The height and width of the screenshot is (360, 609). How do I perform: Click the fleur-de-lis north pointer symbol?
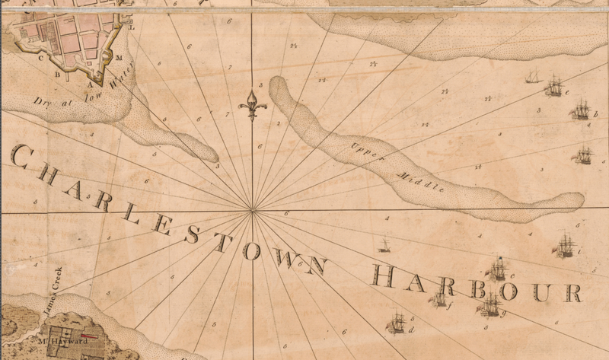[x=254, y=104]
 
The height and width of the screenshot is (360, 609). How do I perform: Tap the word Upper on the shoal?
[x=364, y=151]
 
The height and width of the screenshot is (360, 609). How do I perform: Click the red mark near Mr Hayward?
[x=91, y=334]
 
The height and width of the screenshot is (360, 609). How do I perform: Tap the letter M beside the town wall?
[x=119, y=58]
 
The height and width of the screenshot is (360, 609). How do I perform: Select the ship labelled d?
[x=397, y=324]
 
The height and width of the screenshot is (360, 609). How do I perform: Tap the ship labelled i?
[x=566, y=244]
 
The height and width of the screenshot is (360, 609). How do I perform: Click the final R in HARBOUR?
[x=571, y=292]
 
